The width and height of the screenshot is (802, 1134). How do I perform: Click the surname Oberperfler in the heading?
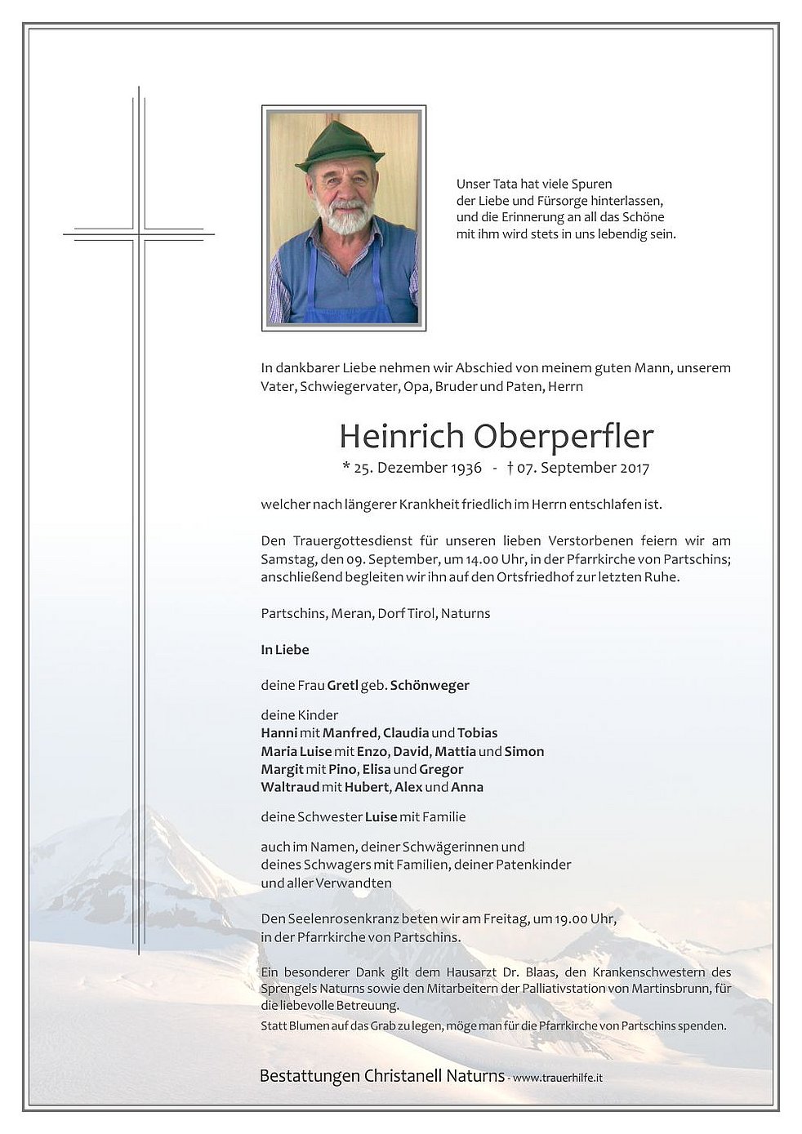(564, 437)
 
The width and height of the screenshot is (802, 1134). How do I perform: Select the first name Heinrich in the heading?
(402, 437)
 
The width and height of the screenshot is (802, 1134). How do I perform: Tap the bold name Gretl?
(343, 686)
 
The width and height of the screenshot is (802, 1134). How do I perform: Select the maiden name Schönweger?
(430, 686)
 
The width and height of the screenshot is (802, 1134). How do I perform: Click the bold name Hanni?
(278, 733)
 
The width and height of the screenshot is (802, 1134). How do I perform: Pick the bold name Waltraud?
(289, 787)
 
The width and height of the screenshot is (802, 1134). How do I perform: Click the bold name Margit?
(282, 769)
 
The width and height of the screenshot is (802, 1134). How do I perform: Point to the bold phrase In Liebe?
(285, 650)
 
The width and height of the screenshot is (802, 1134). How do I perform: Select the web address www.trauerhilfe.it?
(558, 1078)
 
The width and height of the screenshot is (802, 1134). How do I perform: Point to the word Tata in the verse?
(505, 185)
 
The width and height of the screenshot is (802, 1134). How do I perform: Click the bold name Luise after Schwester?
(381, 816)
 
